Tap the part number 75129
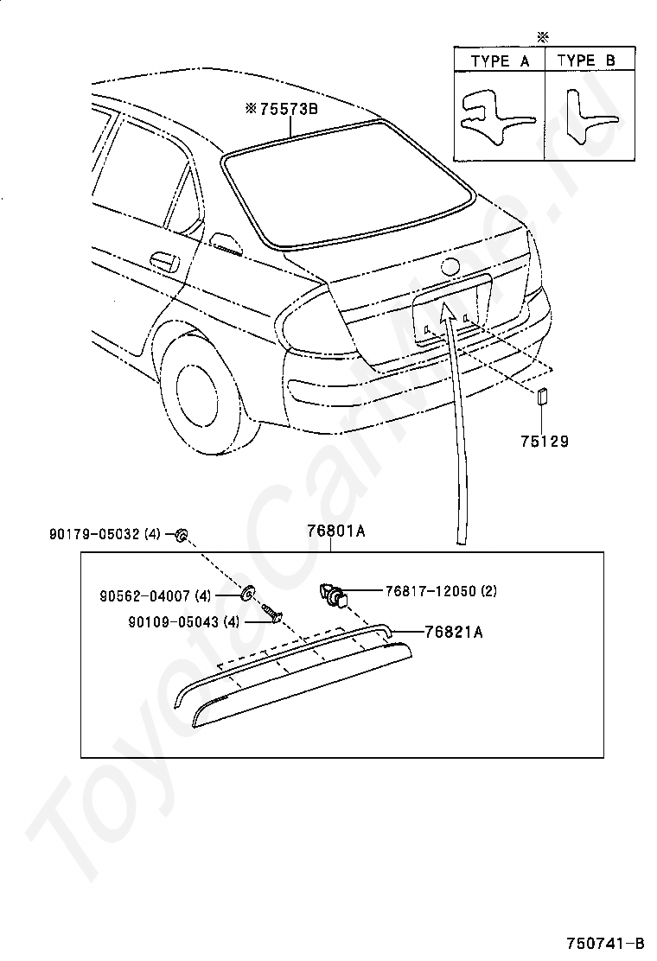(544, 441)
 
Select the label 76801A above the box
(335, 531)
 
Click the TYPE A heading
(499, 60)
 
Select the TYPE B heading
(585, 60)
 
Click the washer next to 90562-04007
(247, 594)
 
